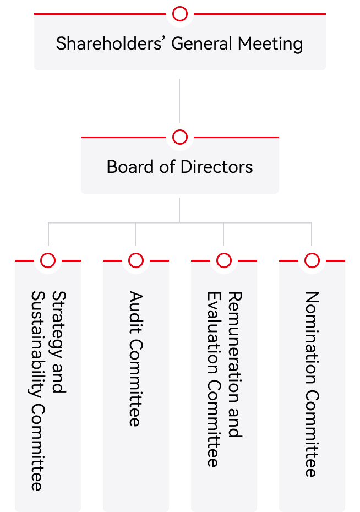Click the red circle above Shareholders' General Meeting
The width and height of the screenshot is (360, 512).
180,14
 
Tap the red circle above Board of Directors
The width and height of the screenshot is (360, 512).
180,137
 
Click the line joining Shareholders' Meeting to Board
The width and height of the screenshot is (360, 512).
180,102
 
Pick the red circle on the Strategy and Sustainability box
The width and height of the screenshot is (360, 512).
48,260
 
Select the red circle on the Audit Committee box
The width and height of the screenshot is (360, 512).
135,260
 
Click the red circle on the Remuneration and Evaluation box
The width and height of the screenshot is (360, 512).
223,260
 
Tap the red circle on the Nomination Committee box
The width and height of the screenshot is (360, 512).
312,260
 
